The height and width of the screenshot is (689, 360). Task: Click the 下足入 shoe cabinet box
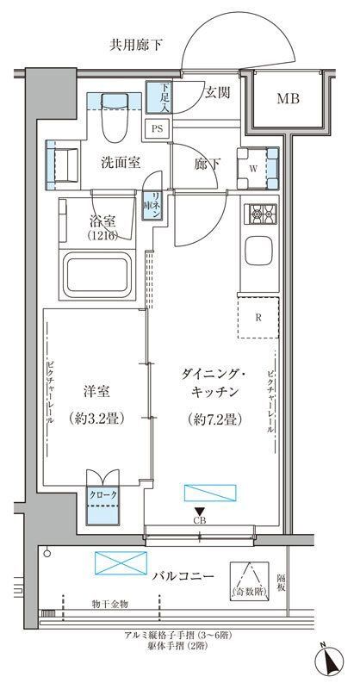[x=158, y=97]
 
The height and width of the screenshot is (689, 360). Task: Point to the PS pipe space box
[x=157, y=128]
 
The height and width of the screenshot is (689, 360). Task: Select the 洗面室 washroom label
[x=121, y=160]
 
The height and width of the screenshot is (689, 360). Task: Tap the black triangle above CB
[x=199, y=512]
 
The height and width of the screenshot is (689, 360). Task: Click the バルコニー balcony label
[x=179, y=576]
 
